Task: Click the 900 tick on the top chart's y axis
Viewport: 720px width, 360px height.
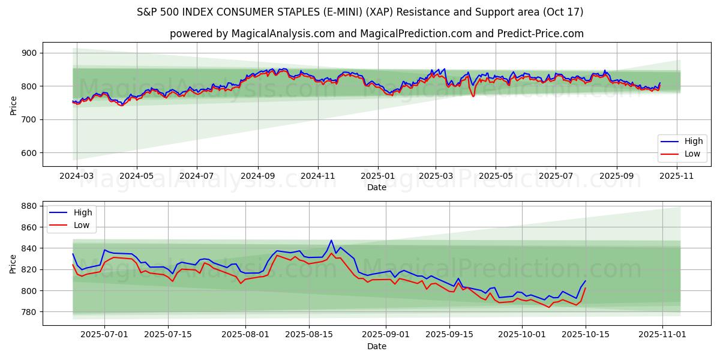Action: (29, 53)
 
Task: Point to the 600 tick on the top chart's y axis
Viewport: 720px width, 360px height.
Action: (29, 153)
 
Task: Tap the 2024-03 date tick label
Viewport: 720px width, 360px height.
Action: (76, 176)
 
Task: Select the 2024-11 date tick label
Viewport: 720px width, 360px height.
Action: (317, 176)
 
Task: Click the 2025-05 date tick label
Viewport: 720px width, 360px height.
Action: (496, 176)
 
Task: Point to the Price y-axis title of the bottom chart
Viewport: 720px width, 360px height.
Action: (13, 263)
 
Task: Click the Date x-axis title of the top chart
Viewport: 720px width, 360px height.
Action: (377, 187)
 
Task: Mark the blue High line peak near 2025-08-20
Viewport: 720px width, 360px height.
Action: (331, 240)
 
